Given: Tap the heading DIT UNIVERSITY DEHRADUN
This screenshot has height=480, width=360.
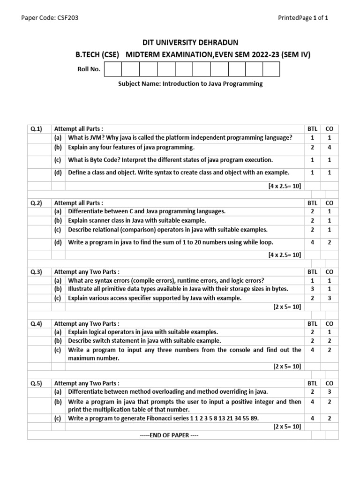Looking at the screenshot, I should pyautogui.click(x=180, y=43).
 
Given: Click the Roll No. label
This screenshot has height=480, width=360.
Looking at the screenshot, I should pyautogui.click(x=89, y=69).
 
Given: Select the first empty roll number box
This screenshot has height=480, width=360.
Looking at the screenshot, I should pyautogui.click(x=113, y=69).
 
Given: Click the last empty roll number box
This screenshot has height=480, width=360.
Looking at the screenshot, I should pyautogui.click(x=271, y=69).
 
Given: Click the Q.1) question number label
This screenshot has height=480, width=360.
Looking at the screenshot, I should pyautogui.click(x=37, y=128).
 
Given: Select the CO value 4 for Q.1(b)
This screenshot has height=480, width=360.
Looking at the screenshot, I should pyautogui.click(x=329, y=147).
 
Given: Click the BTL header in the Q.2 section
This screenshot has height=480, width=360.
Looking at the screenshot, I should pyautogui.click(x=312, y=203).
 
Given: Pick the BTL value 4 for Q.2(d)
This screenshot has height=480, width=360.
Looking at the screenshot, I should pyautogui.click(x=312, y=242).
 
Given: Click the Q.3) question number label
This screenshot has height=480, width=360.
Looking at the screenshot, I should pyautogui.click(x=37, y=271).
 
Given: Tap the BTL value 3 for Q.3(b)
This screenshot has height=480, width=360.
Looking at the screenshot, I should pyautogui.click(x=312, y=289).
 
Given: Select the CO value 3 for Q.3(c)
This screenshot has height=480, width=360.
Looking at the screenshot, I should pyautogui.click(x=329, y=298).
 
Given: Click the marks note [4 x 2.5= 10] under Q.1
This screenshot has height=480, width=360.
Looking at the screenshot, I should pyautogui.click(x=285, y=186).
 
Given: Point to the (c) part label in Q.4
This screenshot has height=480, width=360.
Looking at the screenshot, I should pyautogui.click(x=58, y=350).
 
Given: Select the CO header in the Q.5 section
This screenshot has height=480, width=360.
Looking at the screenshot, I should pyautogui.click(x=329, y=383).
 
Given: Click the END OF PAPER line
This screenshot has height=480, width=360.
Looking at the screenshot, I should pyautogui.click(x=169, y=435).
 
